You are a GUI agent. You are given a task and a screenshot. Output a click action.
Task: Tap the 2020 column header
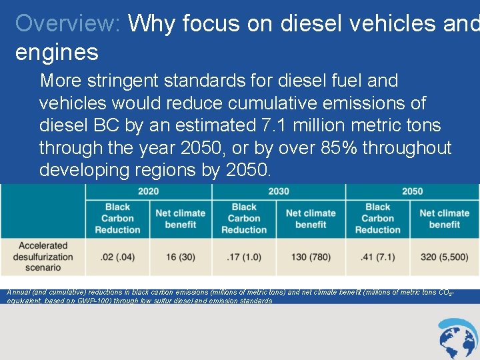[x=148, y=191]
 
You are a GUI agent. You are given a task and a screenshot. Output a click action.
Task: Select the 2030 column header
[x=278, y=191]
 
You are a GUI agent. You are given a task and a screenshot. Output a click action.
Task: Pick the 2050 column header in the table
[x=412, y=191]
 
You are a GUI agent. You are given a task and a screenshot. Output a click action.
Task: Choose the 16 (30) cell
[x=181, y=257]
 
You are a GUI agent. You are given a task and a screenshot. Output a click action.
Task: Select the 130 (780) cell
[x=311, y=257]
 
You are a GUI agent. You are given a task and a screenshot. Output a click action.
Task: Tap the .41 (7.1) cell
[x=377, y=257]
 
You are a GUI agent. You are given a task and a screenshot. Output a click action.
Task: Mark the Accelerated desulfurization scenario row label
[x=43, y=257]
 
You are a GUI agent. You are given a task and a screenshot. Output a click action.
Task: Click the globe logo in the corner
[x=458, y=339]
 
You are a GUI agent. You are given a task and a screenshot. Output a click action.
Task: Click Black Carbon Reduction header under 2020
[x=117, y=218]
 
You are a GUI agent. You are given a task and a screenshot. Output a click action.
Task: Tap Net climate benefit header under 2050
[x=444, y=219]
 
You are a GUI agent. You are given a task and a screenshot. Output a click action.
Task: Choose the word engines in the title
[x=57, y=52]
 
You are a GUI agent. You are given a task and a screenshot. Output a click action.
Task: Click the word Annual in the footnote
[x=19, y=292]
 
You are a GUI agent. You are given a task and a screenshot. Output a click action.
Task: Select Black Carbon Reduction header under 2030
[x=244, y=218]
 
